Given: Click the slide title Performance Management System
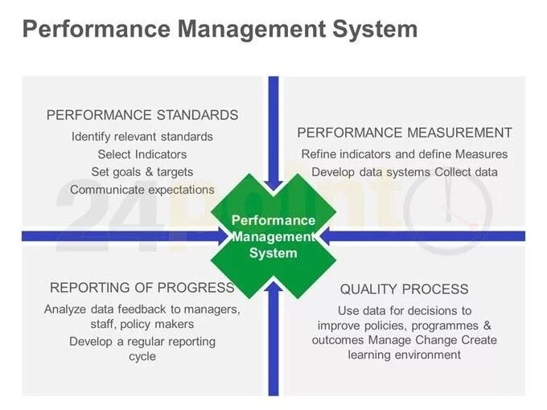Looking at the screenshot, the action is click(x=220, y=30).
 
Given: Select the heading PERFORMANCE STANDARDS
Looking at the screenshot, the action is click(x=142, y=115).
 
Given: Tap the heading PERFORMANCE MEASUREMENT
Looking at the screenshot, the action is click(x=405, y=133).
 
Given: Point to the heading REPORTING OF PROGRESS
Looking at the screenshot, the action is click(x=142, y=288).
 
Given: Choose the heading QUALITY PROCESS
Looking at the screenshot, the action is click(x=404, y=289).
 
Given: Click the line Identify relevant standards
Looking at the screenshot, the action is click(x=142, y=137).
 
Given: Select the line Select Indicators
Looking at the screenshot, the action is click(x=142, y=154).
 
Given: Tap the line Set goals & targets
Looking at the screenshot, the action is click(x=142, y=172).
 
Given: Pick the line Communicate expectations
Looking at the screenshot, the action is click(x=142, y=190).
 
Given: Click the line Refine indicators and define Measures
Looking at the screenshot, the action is click(x=405, y=154).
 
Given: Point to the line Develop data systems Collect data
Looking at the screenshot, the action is click(x=405, y=172).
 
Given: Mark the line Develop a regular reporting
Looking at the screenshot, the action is click(x=142, y=342).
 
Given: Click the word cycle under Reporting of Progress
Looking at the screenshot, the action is click(x=142, y=356).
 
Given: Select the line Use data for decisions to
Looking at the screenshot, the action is click(x=405, y=310).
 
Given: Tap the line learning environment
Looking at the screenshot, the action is click(x=405, y=355).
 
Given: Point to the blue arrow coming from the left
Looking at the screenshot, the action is click(x=121, y=236).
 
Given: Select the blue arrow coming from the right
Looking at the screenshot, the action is click(x=426, y=236).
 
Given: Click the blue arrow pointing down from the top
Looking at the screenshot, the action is click(x=273, y=121).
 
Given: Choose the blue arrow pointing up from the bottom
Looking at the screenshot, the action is click(x=273, y=346).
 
